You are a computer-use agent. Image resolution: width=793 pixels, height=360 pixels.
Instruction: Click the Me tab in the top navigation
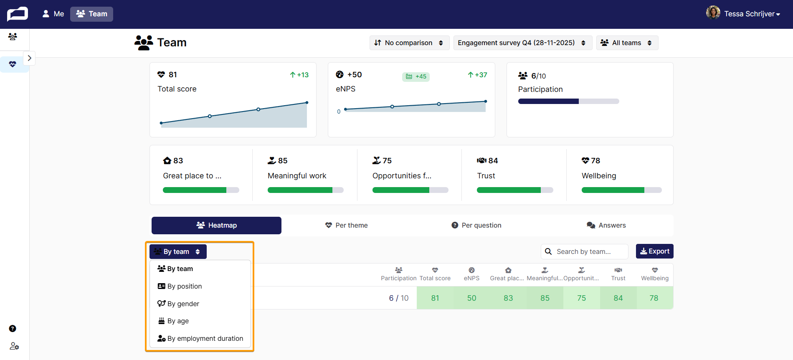point(53,14)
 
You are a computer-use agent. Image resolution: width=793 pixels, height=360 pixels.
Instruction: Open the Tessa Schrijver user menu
point(743,14)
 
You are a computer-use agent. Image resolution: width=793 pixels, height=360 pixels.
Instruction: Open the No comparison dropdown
point(409,43)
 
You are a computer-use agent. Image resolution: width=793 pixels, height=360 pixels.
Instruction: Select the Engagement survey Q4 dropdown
point(522,43)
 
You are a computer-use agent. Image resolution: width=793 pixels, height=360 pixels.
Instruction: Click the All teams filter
point(627,43)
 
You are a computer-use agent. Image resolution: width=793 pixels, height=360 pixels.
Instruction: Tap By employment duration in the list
point(200,338)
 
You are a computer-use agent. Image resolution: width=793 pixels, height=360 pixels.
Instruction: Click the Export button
point(654,251)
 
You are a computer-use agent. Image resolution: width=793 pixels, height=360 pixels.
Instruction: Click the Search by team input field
point(584,251)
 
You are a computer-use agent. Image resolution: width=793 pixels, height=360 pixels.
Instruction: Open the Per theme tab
point(347,225)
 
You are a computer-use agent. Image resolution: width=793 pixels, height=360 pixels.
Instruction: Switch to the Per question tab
point(476,225)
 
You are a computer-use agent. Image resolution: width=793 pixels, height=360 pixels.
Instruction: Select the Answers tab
point(606,225)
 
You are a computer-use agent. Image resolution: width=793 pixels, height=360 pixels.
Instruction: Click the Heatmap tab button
point(216,225)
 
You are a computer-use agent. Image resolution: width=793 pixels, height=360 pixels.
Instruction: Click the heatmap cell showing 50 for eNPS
point(471,298)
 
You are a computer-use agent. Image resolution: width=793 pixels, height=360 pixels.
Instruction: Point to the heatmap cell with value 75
point(582,298)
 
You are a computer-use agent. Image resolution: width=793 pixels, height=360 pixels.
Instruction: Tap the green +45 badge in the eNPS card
point(416,76)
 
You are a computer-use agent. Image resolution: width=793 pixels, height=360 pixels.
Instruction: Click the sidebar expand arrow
point(29,58)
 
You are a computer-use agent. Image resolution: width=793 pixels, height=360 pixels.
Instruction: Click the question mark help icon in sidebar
point(13,329)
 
